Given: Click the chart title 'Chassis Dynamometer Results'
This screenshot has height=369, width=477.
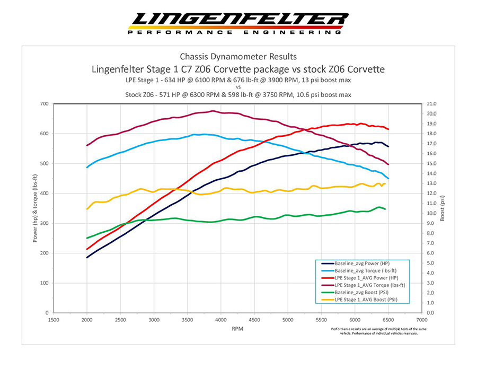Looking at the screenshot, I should pyautogui.click(x=238, y=57).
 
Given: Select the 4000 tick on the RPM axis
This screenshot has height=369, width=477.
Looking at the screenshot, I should pyautogui.click(x=221, y=320).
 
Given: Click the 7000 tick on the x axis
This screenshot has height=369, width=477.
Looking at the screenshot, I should pyautogui.click(x=422, y=320).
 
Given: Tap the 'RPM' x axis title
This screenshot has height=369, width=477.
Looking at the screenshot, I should pyautogui.click(x=238, y=329).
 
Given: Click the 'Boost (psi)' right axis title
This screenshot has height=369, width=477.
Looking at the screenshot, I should pyautogui.click(x=443, y=208).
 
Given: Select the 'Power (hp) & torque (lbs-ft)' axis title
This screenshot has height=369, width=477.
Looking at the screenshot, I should pyautogui.click(x=35, y=208).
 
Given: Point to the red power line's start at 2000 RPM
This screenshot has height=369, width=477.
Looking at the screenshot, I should pyautogui.click(x=87, y=249).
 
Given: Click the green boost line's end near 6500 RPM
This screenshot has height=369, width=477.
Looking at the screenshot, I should pyautogui.click(x=385, y=209).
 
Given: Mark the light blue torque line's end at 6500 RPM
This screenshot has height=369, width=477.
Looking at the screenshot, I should pyautogui.click(x=388, y=178).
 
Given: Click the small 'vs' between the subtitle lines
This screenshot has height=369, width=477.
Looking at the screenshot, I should pyautogui.click(x=238, y=87).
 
